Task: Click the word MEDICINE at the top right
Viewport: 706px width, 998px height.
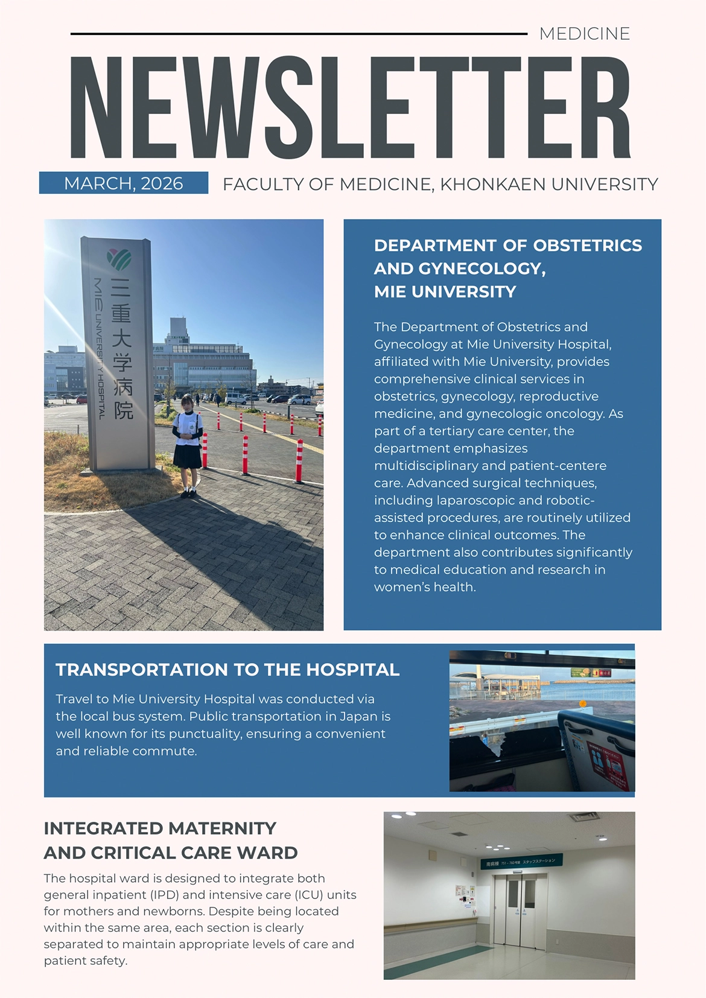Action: (x=584, y=34)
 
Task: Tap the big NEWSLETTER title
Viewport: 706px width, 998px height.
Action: (x=350, y=107)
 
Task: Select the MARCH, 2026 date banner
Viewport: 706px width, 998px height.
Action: (x=124, y=183)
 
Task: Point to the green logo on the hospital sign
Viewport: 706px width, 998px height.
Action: (x=119, y=259)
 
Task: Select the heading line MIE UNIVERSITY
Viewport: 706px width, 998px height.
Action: (x=445, y=292)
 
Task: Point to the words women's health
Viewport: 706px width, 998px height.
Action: (x=424, y=587)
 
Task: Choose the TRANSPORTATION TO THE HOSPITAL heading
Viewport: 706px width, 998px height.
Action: (x=227, y=670)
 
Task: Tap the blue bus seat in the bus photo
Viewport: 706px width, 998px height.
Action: (x=597, y=748)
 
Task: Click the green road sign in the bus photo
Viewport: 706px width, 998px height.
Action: (x=580, y=672)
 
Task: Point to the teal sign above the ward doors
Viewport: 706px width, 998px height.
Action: (x=521, y=861)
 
